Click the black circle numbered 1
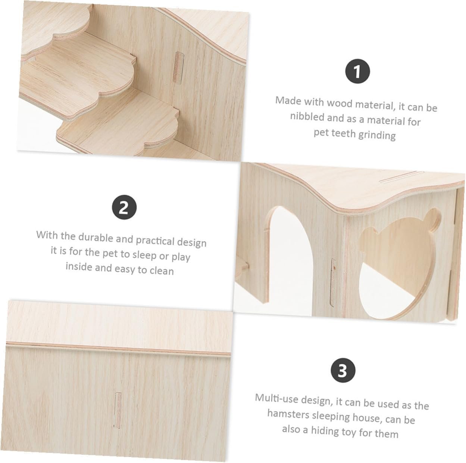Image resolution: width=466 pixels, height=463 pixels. [x=357, y=71]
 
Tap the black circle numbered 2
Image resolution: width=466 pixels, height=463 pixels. [x=124, y=207]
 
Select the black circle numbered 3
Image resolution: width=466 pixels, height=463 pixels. [x=343, y=370]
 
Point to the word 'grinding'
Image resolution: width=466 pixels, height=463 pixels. [x=377, y=135]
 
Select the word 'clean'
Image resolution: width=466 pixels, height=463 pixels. [x=162, y=271]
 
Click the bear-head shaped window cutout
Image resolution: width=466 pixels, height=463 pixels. [x=397, y=262]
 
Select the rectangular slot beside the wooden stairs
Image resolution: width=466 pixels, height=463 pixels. [x=179, y=67]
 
